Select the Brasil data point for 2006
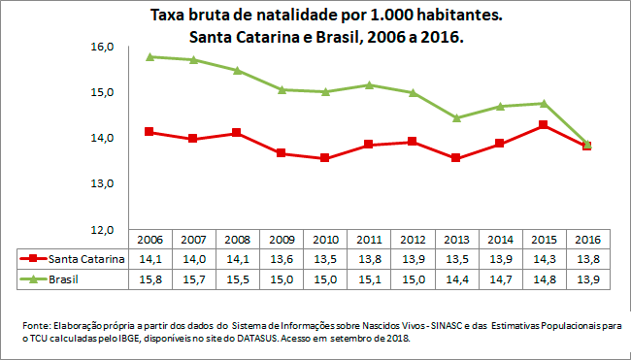pos(149,57)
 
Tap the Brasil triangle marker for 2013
pos(455,118)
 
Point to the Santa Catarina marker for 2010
pos(324,157)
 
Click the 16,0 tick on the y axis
pos(103,47)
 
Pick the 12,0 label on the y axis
pos(103,229)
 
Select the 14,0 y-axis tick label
pos(103,138)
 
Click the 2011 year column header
pos(368,240)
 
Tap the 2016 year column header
pos(586,240)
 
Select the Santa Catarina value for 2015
pos(543,259)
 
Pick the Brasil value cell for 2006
pos(149,279)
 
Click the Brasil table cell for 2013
pos(455,279)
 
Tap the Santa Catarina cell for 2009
pos(281,259)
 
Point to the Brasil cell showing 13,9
pos(586,279)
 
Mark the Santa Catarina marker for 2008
pos(237,133)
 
